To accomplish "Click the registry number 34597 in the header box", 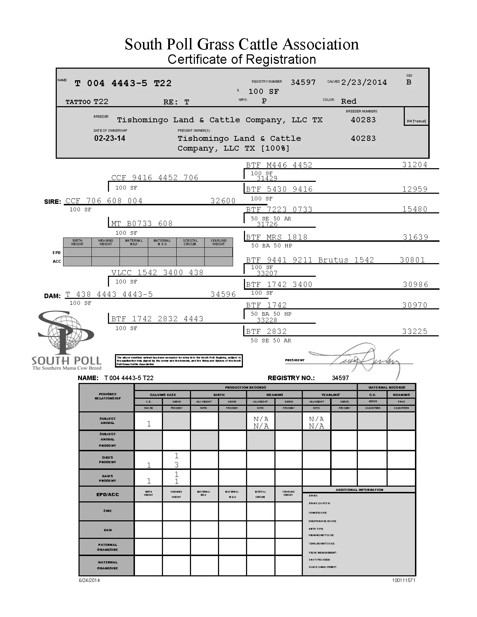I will pyautogui.click(x=303, y=82).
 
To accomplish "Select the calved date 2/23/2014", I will pyautogui.click(x=364, y=82).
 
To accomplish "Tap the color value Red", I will pyautogui.click(x=348, y=101).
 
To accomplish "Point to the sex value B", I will pyautogui.click(x=409, y=82).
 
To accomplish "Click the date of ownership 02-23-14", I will pyautogui.click(x=109, y=138).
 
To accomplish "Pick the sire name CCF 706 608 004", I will pyautogui.click(x=104, y=201).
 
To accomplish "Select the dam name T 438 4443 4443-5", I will pyautogui.click(x=109, y=294).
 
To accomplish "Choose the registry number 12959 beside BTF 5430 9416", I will pyautogui.click(x=415, y=189).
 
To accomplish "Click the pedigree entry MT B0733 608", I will pyautogui.click(x=142, y=224).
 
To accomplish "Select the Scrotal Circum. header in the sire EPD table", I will pyautogui.click(x=190, y=242).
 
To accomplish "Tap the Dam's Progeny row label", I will pyautogui.click(x=107, y=478).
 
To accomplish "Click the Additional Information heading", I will pyautogui.click(x=359, y=490).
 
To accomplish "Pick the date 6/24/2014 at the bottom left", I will pyautogui.click(x=89, y=580).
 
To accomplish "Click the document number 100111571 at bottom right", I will pyautogui.click(x=403, y=580).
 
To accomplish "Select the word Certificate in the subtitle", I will pyautogui.click(x=197, y=60).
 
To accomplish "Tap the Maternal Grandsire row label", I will pyautogui.click(x=107, y=565).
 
